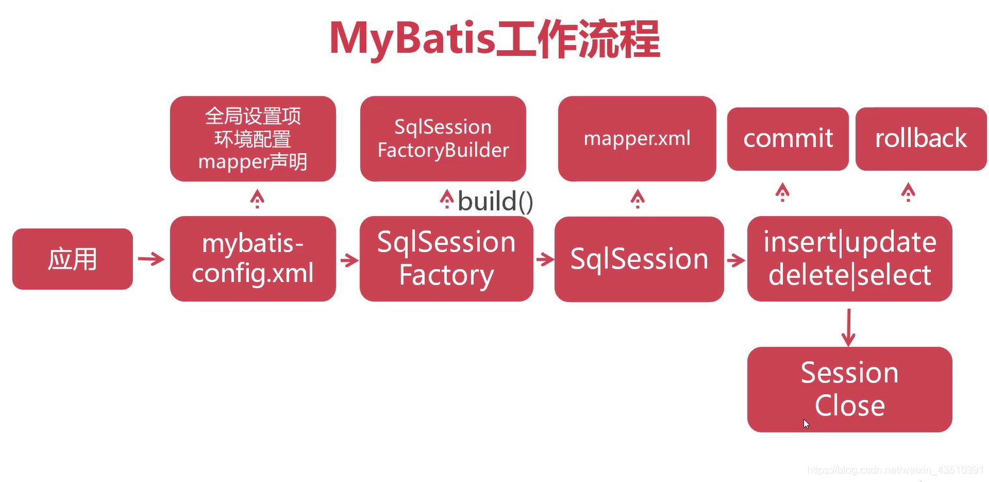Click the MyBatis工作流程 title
494,39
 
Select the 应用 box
72,259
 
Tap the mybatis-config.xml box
253,259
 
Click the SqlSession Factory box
446,259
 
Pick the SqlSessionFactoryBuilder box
443,139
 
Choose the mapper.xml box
637,139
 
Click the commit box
788,139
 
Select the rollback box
921,139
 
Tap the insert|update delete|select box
850,259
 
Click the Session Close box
850,389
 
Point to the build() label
495,201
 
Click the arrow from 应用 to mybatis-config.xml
151,259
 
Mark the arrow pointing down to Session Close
848,328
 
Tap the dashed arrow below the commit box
782,191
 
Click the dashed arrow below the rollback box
908,191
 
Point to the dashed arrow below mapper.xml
637,198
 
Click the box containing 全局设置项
253,139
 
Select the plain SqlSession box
638,259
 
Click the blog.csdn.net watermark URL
895,470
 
